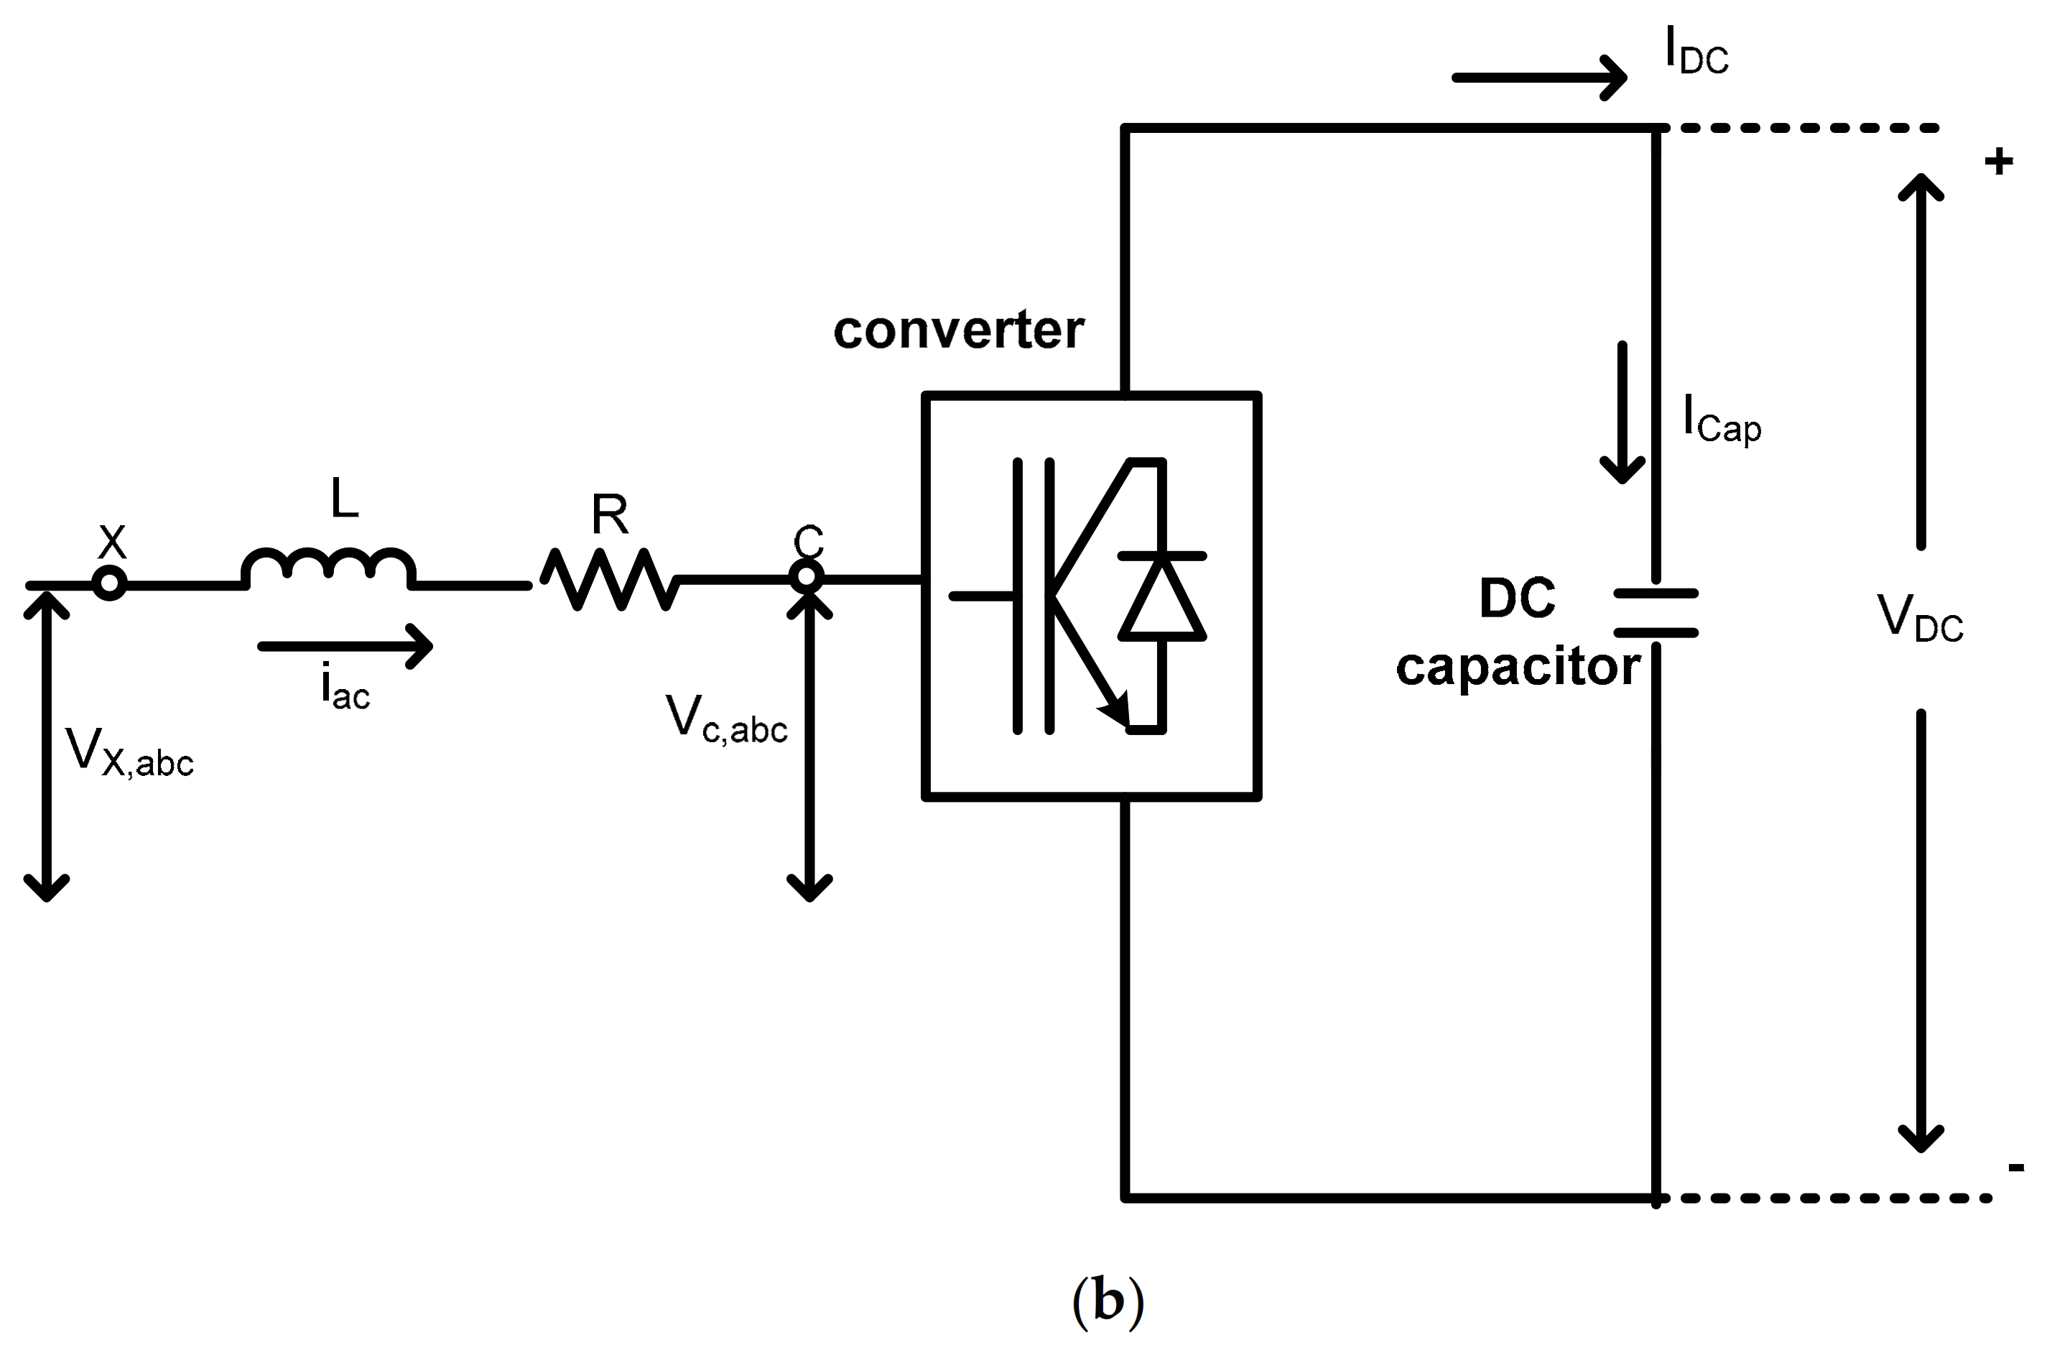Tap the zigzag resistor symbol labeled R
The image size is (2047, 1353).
point(609,580)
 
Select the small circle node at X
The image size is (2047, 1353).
point(110,583)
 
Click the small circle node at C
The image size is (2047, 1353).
point(807,576)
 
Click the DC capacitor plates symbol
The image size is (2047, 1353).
point(1656,613)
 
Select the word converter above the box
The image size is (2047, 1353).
point(957,331)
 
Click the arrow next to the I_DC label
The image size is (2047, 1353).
point(1540,78)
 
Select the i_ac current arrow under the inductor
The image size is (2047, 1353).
point(345,645)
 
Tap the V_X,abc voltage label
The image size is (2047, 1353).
point(129,752)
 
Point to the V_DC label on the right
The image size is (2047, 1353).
point(1919,619)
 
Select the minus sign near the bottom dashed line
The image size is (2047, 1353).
point(2016,1168)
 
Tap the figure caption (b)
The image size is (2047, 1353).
point(1108,1301)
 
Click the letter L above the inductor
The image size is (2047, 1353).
point(345,499)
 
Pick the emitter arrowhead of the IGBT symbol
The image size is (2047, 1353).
point(1115,710)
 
